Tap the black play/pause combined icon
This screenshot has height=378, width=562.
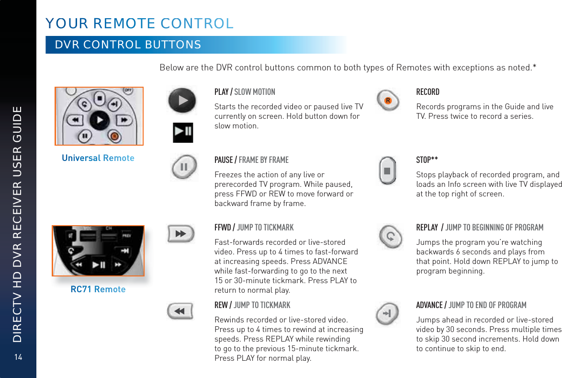[183, 133]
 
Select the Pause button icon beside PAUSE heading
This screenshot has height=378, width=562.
[184, 167]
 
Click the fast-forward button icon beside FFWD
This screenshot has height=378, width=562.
[180, 234]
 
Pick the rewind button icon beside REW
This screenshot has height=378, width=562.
[180, 311]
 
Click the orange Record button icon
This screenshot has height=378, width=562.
[388, 101]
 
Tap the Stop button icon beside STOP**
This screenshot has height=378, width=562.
[387, 171]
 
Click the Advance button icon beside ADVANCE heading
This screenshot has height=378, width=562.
[388, 313]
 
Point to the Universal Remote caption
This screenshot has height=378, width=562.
[98, 158]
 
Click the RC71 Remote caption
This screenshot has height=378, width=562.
[98, 289]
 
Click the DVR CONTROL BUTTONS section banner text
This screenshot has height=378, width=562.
[128, 45]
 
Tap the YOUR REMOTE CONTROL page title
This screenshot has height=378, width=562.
[139, 23]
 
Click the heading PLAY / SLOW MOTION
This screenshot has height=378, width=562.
[245, 92]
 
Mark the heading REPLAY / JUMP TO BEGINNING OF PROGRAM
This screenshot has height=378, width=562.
[480, 227]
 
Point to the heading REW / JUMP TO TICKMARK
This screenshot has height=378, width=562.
[252, 305]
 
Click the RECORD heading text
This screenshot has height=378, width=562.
[427, 92]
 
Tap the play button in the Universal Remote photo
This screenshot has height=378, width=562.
[99, 119]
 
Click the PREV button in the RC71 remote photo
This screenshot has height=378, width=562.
[126, 236]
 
